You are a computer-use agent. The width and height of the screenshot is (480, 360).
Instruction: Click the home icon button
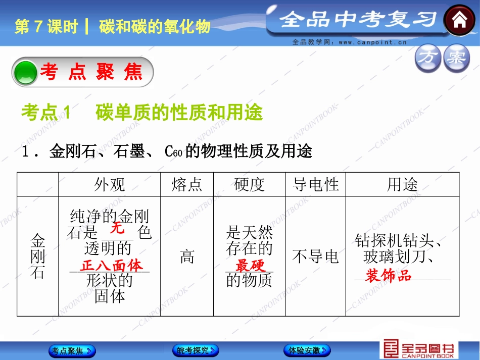[x=460, y=21]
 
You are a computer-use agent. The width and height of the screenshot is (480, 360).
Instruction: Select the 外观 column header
[x=109, y=185]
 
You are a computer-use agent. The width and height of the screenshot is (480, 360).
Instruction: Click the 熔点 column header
[x=187, y=185]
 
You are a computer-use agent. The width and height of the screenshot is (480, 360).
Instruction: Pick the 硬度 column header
[x=250, y=185]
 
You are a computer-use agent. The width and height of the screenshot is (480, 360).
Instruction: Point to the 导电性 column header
[x=315, y=185]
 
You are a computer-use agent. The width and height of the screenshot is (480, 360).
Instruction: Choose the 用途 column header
[x=402, y=185]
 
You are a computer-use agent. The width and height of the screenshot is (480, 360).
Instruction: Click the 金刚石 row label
[x=38, y=256]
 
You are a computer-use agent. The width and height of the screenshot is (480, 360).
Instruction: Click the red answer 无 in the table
[x=117, y=228]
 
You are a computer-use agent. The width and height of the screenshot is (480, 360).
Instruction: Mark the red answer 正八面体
[x=111, y=266]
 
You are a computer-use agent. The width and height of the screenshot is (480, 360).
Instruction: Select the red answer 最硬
[x=250, y=266]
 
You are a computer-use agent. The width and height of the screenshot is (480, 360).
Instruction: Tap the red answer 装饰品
[x=389, y=276]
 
